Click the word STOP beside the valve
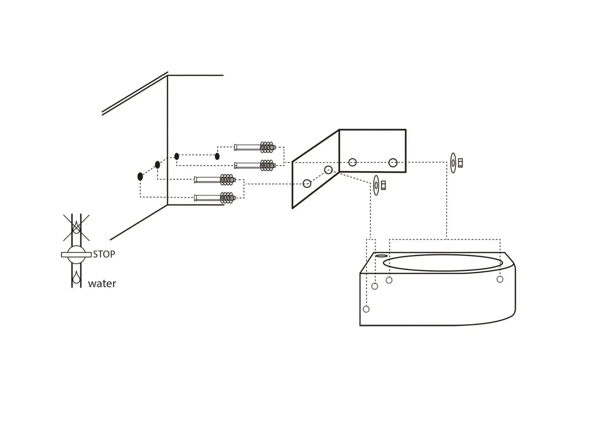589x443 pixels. point(104,254)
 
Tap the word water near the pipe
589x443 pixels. point(102,283)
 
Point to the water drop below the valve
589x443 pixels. point(76,279)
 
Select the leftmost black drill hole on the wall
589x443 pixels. point(140,176)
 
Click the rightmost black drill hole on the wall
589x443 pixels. point(217,156)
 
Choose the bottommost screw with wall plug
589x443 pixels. point(215,198)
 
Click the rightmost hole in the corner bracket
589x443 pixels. point(393,163)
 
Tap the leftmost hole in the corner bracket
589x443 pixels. point(307,184)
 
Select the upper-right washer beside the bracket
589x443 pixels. point(453,163)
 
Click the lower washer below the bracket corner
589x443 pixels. point(376,186)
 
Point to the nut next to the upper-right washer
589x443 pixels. point(461,163)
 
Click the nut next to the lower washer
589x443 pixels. point(383,186)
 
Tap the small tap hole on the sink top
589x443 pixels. point(382,256)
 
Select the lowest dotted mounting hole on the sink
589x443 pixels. point(366,309)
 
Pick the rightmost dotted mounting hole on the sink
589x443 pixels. point(500,279)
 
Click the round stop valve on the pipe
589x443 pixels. point(76,254)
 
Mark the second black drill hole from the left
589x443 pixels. point(157,165)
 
